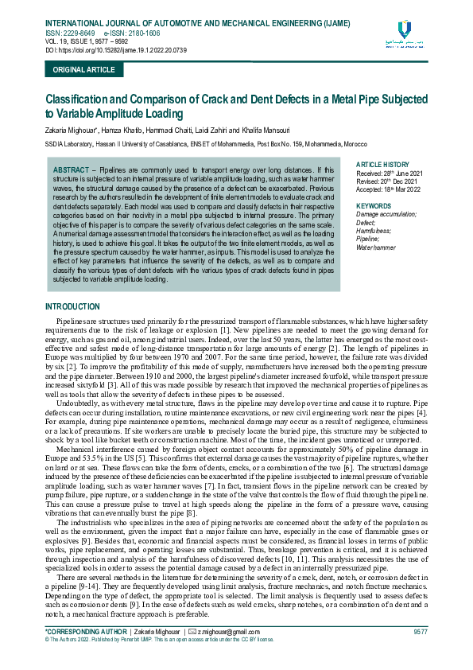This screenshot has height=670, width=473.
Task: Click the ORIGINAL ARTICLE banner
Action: (x=83, y=70)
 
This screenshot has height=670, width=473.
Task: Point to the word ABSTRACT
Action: (x=70, y=171)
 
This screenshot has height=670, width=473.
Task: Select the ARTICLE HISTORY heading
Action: (x=382, y=164)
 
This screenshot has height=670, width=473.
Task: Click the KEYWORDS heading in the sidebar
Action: (x=374, y=206)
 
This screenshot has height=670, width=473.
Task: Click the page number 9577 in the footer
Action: (x=421, y=631)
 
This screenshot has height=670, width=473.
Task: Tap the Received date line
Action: (x=389, y=173)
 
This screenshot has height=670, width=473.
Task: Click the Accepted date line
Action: (x=389, y=189)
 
